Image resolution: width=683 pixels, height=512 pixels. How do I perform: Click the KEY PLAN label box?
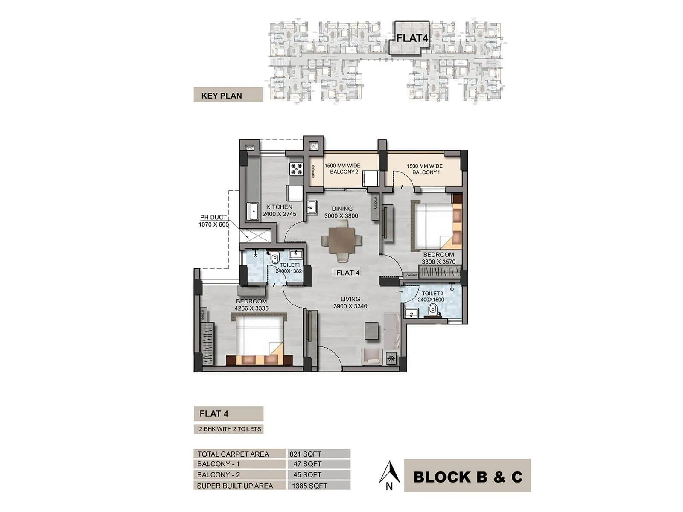pyautogui.click(x=228, y=95)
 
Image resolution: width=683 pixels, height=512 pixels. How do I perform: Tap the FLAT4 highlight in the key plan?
pyautogui.click(x=412, y=38)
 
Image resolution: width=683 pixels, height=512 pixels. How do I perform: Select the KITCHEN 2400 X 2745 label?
pyautogui.click(x=279, y=210)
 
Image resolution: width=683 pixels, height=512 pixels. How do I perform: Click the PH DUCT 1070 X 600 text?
pyautogui.click(x=213, y=221)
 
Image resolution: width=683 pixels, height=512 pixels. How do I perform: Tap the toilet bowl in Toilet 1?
pyautogui.click(x=274, y=257)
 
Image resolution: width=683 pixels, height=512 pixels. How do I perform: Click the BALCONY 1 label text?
pyautogui.click(x=425, y=169)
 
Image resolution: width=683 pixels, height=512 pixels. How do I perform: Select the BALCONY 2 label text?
pyautogui.click(x=343, y=169)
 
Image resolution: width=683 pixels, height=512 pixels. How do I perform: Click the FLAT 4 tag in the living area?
pyautogui.click(x=348, y=273)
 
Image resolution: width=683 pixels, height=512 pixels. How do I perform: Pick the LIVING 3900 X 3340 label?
pyautogui.click(x=350, y=303)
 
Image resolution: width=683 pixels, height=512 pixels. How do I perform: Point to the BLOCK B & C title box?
pyautogui.click(x=467, y=476)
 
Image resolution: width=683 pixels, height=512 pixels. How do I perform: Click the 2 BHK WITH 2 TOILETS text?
pyautogui.click(x=230, y=429)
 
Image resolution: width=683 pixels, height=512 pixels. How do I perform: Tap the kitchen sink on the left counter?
pyautogui.click(x=254, y=211)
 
